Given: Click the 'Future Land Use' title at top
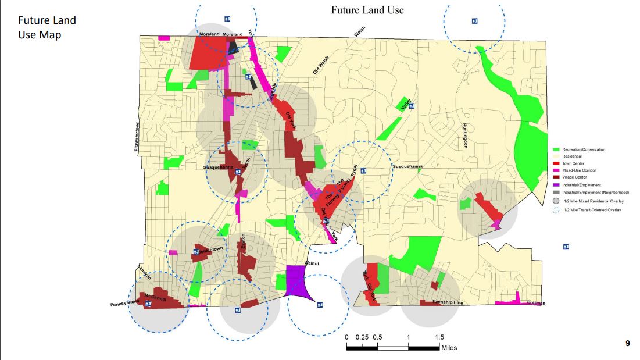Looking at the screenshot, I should click(x=367, y=10).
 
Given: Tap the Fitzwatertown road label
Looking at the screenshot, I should click(x=137, y=137).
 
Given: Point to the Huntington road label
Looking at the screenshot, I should click(x=465, y=136).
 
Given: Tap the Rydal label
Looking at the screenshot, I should click(x=353, y=171).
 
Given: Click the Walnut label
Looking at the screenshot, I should click(x=313, y=263).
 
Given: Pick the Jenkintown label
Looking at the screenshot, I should click(x=209, y=250).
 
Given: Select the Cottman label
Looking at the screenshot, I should click(x=537, y=303).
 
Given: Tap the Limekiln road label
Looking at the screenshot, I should click(x=144, y=273).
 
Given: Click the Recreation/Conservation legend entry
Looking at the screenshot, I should click(x=583, y=149).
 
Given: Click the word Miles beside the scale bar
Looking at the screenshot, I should click(x=449, y=348).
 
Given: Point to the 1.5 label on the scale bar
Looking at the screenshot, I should click(x=439, y=337).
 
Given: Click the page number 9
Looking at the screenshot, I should click(x=628, y=344).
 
